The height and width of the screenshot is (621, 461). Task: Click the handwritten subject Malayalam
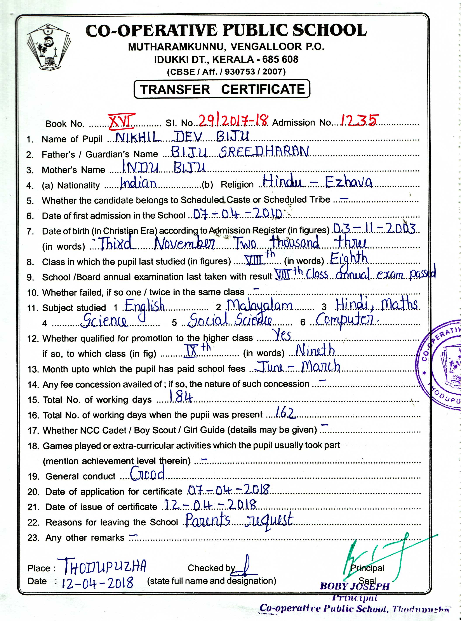[259, 306]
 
